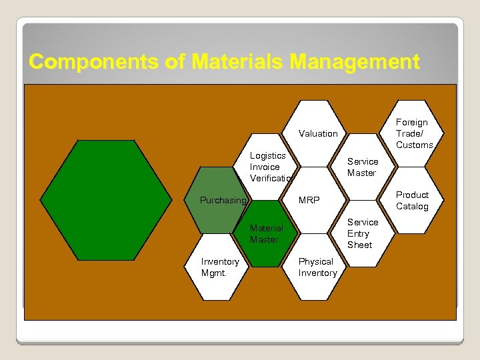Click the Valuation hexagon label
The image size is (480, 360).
point(318,133)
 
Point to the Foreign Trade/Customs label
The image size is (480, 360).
point(414,133)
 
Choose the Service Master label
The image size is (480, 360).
point(362,167)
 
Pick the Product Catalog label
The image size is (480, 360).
point(412,200)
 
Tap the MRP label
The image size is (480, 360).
point(309,200)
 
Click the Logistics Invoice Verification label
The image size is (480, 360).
point(271,167)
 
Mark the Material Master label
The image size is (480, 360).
point(266,233)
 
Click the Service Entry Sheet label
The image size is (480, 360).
point(362,233)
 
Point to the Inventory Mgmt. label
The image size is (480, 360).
point(220,267)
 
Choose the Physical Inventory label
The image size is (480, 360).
point(317,267)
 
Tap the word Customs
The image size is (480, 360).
point(415,145)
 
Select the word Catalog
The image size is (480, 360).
point(412,206)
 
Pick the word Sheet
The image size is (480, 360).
point(359,245)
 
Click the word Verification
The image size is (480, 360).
point(271,178)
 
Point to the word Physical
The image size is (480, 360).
point(315,261)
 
